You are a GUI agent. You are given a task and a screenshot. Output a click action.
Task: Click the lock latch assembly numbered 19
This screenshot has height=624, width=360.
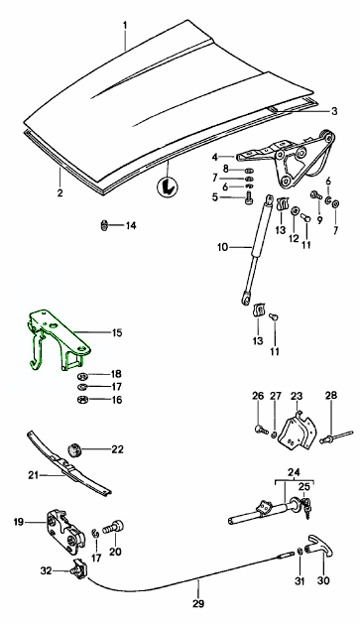pos(65,532)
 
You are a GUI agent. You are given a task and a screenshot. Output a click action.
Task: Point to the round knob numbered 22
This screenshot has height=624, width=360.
pos(74,450)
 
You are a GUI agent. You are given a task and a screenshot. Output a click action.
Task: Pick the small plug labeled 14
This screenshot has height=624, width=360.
pos(104,225)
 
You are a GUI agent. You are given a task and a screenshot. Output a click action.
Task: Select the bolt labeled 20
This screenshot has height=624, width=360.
pos(114,528)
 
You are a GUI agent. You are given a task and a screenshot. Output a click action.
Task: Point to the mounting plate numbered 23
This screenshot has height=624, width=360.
pos(297,432)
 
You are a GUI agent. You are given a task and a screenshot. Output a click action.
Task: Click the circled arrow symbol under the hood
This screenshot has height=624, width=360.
pos(168,187)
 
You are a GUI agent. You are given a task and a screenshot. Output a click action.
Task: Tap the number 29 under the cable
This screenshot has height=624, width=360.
pos(198,603)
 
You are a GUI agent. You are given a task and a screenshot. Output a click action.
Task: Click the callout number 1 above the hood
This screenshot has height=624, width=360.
pos(125,25)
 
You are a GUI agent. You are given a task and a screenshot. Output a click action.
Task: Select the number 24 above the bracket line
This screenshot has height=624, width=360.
pos(294,472)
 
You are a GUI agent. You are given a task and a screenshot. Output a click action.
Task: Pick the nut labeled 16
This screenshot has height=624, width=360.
pos(82,400)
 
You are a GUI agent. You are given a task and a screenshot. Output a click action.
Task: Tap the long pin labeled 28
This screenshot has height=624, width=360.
pos(338,436)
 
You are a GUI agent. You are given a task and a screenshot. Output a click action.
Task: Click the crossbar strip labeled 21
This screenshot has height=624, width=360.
pos(67,464)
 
